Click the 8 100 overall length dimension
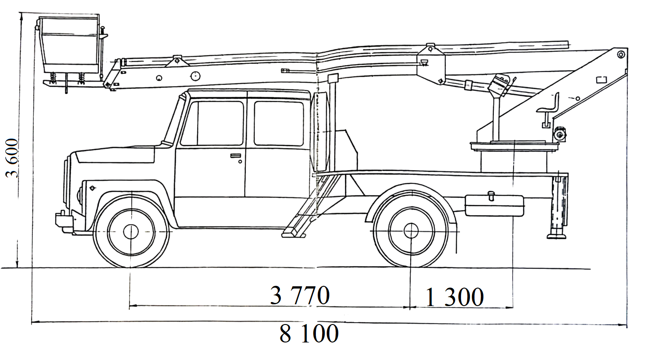click(x=309, y=333)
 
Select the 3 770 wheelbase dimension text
click(x=300, y=295)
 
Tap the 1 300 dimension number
click(x=455, y=297)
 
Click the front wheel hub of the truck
click(x=131, y=232)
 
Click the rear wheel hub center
click(x=411, y=231)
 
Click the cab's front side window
click(x=212, y=123)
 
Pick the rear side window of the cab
click(x=279, y=123)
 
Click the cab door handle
click(x=236, y=156)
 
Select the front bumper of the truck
click(x=64, y=221)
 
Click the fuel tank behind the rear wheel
click(x=494, y=206)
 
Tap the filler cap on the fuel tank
click(x=491, y=195)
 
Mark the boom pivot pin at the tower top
click(x=620, y=54)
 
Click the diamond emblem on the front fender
click(x=93, y=188)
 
